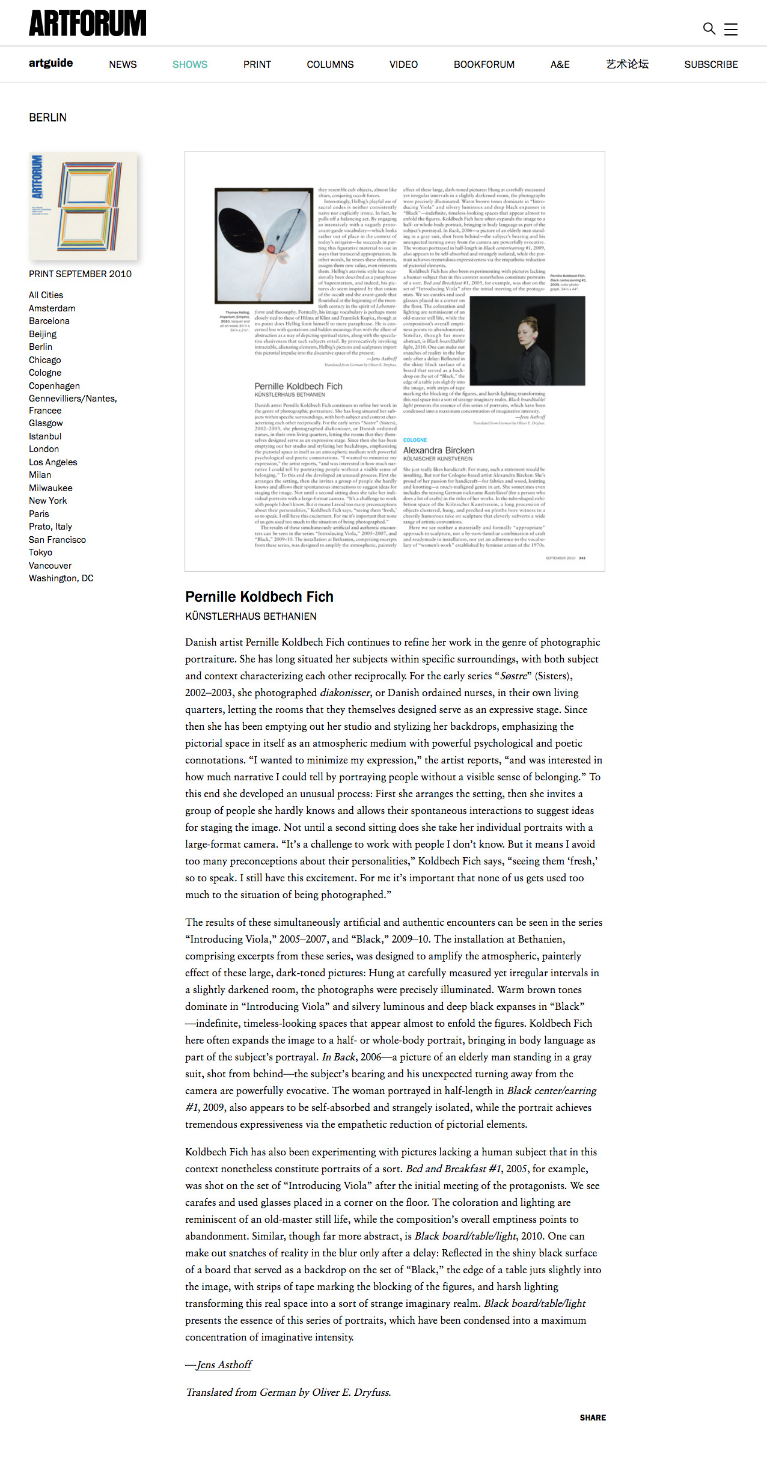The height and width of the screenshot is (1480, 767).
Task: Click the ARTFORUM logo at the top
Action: [x=88, y=23]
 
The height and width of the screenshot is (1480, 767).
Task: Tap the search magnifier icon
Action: [x=709, y=28]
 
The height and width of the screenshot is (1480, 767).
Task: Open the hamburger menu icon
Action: [x=731, y=29]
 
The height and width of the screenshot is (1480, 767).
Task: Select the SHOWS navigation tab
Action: [x=190, y=64]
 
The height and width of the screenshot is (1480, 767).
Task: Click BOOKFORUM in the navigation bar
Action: [x=484, y=64]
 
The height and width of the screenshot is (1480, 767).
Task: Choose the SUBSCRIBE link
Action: [x=711, y=64]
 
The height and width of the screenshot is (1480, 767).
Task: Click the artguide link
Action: [x=51, y=63]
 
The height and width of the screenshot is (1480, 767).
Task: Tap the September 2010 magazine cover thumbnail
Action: [x=83, y=206]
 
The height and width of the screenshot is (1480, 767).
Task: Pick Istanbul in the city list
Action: [x=45, y=436]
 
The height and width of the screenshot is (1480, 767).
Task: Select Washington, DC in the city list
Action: [x=61, y=578]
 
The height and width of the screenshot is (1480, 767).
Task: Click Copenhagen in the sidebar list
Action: [x=54, y=386]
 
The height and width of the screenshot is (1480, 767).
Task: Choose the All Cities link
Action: [x=46, y=295]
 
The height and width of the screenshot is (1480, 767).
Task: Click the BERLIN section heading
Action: [x=48, y=118]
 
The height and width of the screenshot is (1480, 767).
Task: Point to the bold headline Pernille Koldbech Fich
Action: [x=259, y=597]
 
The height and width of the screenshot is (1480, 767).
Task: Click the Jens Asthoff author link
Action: [x=224, y=1365]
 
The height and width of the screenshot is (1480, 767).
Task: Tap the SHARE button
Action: [x=593, y=1417]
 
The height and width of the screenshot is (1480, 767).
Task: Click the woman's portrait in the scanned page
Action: [x=527, y=341]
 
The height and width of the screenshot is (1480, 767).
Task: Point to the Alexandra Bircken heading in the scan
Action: [x=439, y=450]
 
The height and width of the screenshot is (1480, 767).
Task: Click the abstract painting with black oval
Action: [x=264, y=245]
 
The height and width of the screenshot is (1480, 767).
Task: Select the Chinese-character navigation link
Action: [x=627, y=64]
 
